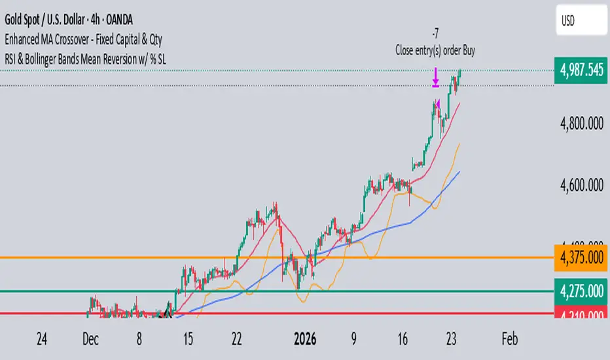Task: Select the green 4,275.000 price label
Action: coord(581,290)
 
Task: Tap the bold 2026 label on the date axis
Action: coord(308,339)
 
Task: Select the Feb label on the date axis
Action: coord(509,339)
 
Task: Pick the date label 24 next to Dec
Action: coord(42,339)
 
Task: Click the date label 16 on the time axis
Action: coord(403,339)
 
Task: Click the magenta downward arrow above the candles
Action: coord(435,78)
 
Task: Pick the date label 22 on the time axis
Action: coord(237,339)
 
